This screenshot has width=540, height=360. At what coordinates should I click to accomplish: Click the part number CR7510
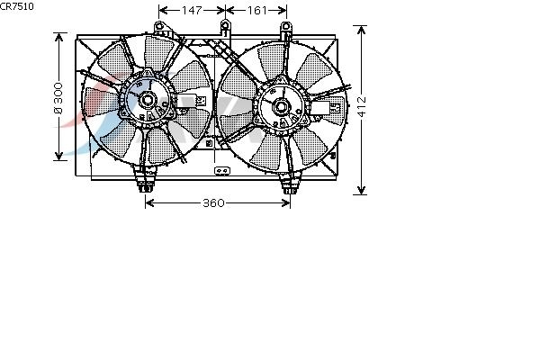(17, 6)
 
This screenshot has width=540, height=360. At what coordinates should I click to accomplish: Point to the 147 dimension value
(192, 11)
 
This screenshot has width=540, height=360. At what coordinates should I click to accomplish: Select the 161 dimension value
(256, 11)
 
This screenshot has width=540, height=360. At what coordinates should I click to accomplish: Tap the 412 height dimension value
(362, 106)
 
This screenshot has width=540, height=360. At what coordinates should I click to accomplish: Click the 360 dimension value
(213, 202)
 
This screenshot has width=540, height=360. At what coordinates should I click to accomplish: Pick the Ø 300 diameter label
(58, 98)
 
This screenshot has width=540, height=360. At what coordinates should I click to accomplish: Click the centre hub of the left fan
(148, 100)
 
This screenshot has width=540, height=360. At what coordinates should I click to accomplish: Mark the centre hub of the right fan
(281, 106)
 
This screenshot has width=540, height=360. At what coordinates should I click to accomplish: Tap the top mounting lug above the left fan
(159, 26)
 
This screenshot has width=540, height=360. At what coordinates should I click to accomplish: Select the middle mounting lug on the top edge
(225, 25)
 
